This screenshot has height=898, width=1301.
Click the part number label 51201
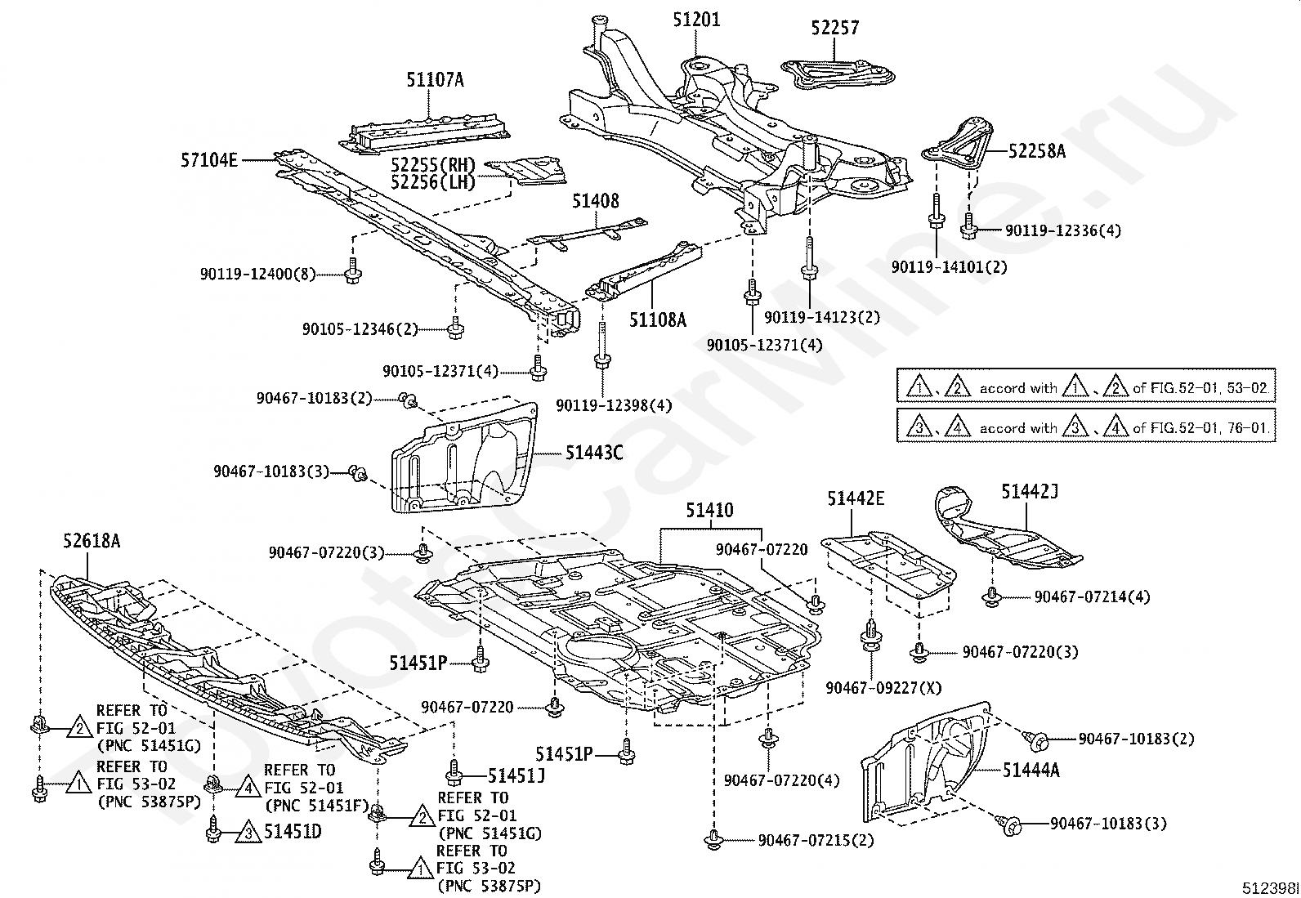[x=696, y=19]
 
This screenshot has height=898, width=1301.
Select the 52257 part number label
[x=834, y=28]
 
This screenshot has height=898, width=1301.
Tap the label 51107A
[x=435, y=80]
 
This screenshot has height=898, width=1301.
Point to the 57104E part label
[x=209, y=160]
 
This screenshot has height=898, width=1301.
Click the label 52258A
[x=1036, y=151]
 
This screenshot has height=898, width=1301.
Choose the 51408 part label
[x=595, y=201]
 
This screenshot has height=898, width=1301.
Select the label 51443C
[x=594, y=452]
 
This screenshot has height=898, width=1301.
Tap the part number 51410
[x=709, y=512]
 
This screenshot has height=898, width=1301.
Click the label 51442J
[x=1030, y=491]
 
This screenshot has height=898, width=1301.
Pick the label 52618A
[x=92, y=540]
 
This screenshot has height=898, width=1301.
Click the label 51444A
[x=1031, y=769]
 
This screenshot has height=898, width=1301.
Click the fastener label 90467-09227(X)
[x=883, y=688]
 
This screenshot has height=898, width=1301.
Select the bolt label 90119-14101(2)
[x=949, y=267]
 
